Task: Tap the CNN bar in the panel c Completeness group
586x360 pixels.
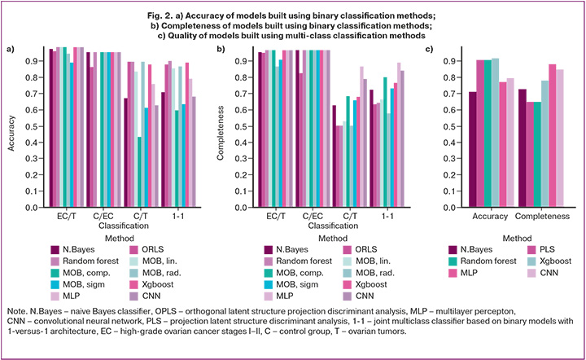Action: coord(560,138)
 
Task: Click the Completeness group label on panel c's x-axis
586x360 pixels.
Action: coord(544,219)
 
